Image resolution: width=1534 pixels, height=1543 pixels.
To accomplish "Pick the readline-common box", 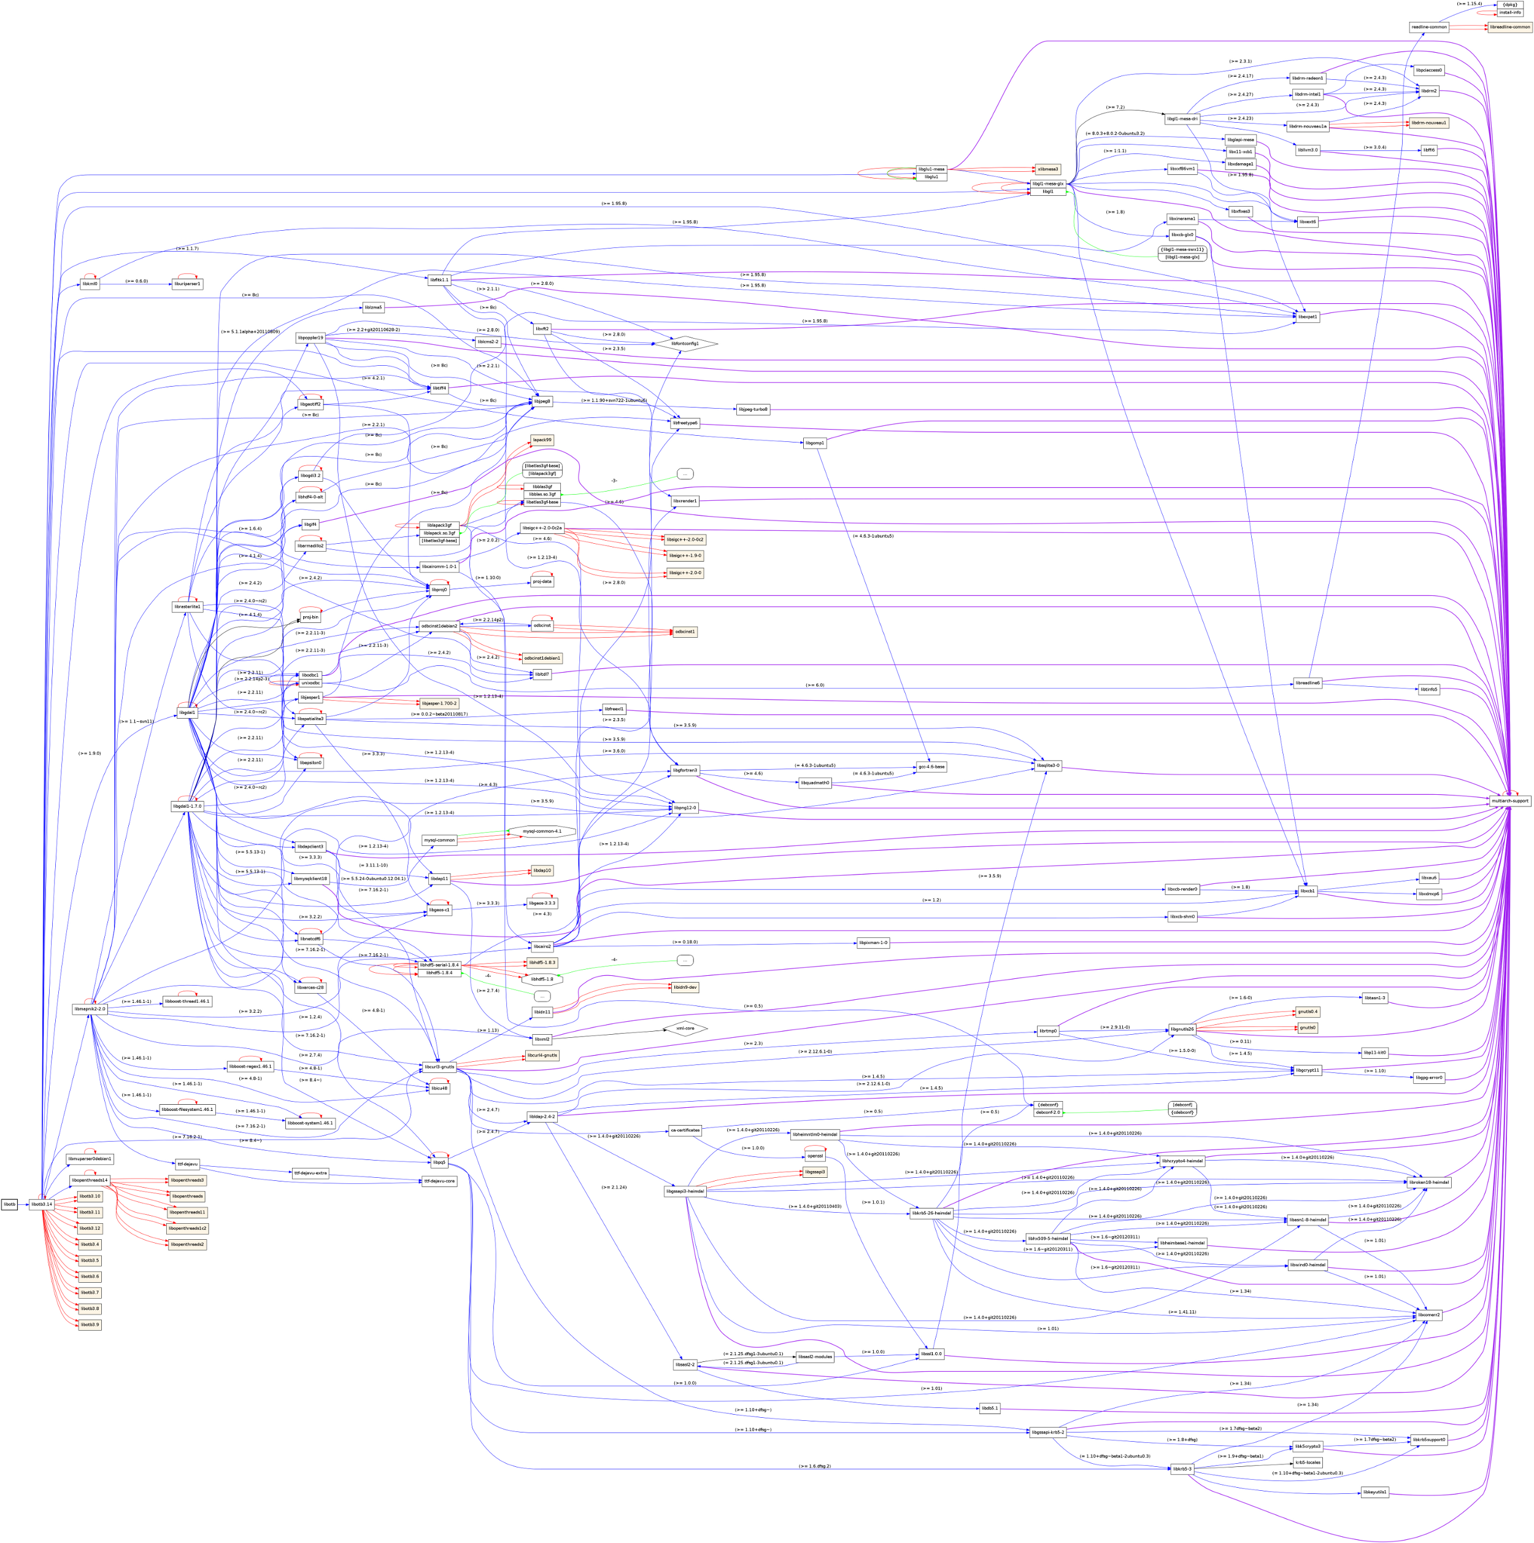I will coord(1428,27).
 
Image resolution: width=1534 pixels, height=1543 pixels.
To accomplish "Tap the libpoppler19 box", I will coord(310,338).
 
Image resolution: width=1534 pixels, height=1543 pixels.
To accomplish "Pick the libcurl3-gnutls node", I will coord(438,1066).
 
